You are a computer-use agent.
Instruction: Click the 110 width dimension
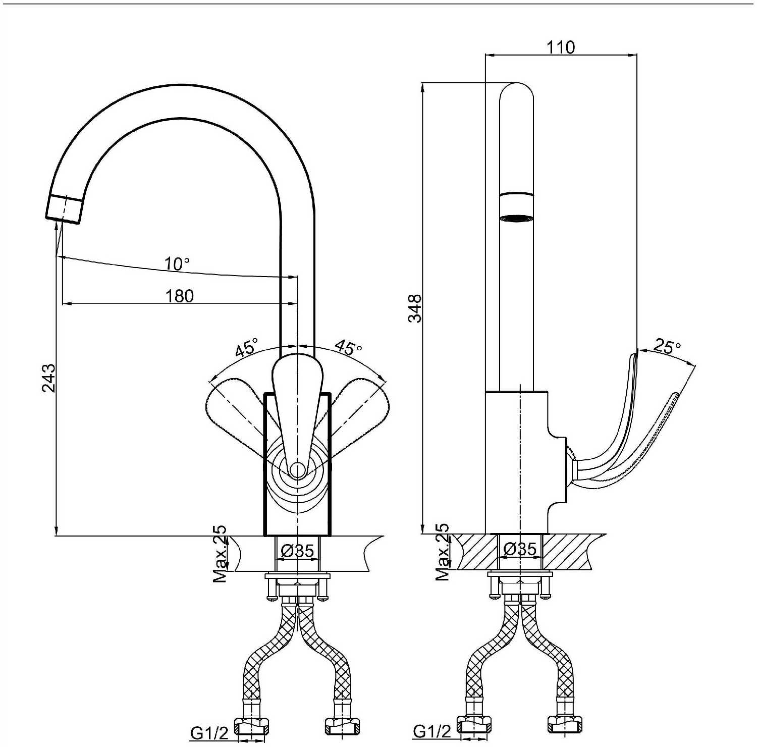pos(561,47)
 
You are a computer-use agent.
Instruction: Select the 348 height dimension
pos(415,308)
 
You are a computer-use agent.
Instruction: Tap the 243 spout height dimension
pos(49,378)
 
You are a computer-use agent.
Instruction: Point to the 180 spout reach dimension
pos(180,296)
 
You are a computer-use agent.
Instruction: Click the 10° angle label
pos(177,263)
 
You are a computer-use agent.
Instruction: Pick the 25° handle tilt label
pos(667,346)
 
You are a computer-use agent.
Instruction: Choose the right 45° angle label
pos(349,348)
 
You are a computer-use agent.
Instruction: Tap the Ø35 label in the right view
pos(520,549)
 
